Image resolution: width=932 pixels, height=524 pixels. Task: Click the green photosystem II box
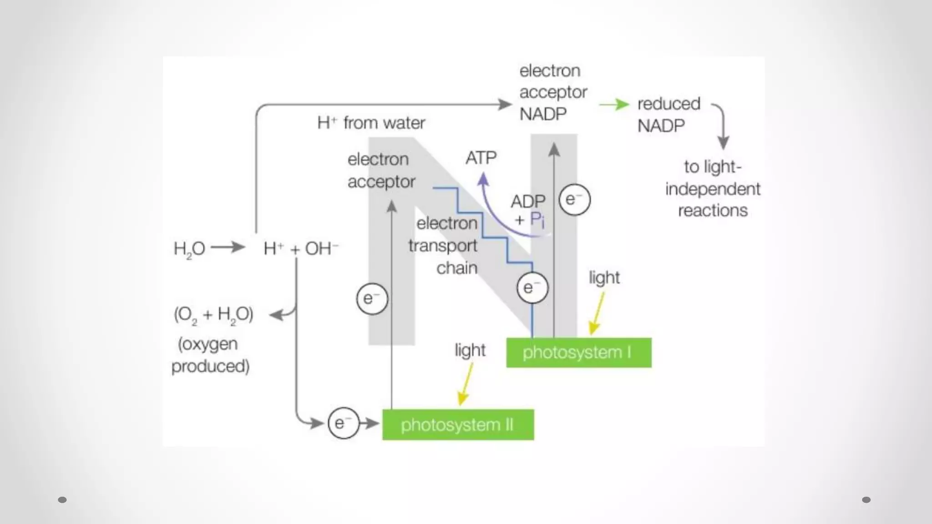click(458, 425)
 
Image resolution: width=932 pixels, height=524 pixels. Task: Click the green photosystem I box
click(578, 353)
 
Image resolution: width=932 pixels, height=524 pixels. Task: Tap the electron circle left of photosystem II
click(344, 423)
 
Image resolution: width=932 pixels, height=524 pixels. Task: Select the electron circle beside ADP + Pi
click(574, 200)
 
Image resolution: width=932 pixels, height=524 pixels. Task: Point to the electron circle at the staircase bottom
click(532, 287)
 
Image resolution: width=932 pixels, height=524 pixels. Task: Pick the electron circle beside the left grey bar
click(372, 299)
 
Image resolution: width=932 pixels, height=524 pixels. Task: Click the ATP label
click(481, 158)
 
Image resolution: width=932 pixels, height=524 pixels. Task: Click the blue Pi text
click(537, 221)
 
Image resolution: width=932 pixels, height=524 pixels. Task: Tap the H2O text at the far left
click(189, 249)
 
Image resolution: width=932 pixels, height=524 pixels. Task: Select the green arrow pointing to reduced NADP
click(614, 105)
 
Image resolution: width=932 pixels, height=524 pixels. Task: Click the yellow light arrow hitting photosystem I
click(598, 314)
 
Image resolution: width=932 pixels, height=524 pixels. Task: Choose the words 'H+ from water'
click(371, 123)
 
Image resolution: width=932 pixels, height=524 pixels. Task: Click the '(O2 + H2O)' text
click(213, 314)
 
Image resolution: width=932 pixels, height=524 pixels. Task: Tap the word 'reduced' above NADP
click(669, 104)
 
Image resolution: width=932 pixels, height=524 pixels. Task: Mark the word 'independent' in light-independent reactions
click(712, 189)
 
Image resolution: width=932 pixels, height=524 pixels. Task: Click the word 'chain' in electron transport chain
click(456, 268)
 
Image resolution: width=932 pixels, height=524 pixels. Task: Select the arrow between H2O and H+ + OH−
click(228, 247)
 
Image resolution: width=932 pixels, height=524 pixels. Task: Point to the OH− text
click(321, 248)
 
